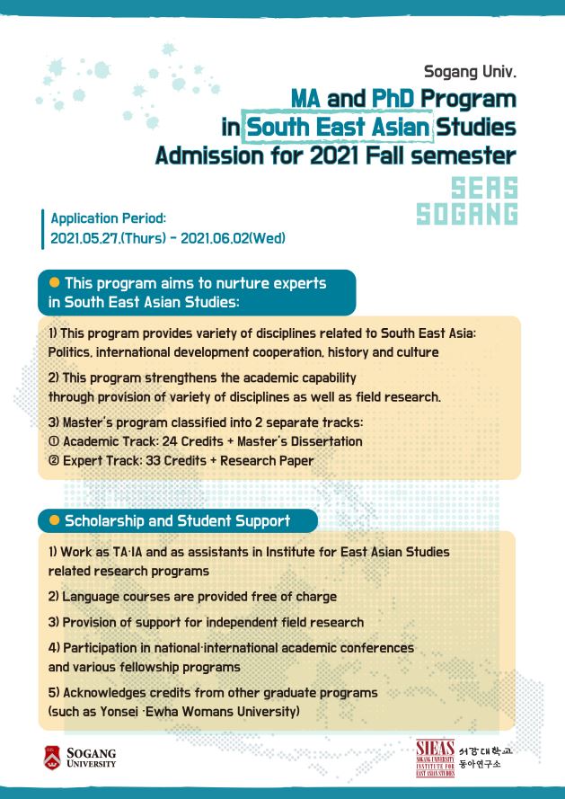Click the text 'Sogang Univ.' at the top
470,68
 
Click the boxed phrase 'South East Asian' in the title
339,127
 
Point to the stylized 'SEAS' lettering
485,188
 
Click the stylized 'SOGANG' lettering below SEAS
467,214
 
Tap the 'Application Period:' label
109,218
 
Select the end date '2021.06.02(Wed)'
234,238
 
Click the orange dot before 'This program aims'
54,283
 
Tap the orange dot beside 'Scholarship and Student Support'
54,519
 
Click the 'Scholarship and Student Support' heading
177,520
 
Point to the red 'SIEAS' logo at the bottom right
437,757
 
